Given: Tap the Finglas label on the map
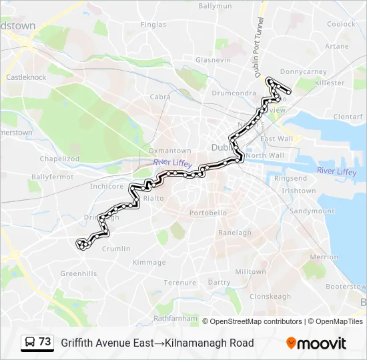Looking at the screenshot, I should tap(153, 25).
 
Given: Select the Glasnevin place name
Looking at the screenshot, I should tap(213, 59).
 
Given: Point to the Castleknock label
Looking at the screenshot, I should tap(26, 77).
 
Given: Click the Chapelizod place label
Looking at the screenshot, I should tap(59, 159).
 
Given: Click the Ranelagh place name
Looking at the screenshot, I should tap(236, 233).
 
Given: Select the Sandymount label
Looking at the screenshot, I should tap(312, 211).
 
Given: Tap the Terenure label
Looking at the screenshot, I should tap(180, 283).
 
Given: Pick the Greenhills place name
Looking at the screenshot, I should tap(79, 273).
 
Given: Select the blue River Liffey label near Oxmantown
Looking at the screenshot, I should tap(172, 162).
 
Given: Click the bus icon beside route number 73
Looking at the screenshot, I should tap(30, 343).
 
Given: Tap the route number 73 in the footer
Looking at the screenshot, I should tap(45, 342).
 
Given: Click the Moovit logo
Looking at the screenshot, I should tap(316, 343).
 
